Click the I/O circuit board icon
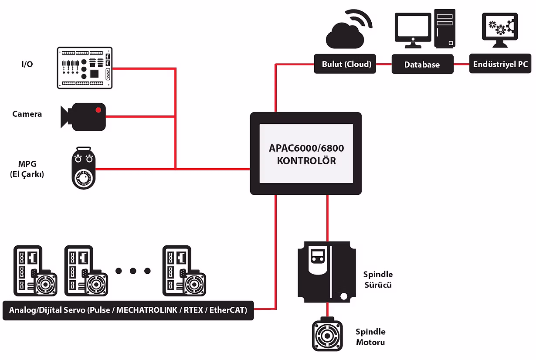point(85,68)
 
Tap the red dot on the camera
point(98,109)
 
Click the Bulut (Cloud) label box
point(346,65)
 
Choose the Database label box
point(422,65)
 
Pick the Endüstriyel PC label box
point(500,65)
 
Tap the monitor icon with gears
point(499,30)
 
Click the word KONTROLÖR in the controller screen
point(306,161)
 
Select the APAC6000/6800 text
point(306,148)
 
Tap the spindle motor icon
point(327,336)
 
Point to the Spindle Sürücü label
point(378,280)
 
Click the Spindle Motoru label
point(370,337)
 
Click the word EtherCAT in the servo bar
point(228,310)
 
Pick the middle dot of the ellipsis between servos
point(133,271)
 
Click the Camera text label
point(27,114)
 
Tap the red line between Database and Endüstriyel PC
point(461,65)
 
